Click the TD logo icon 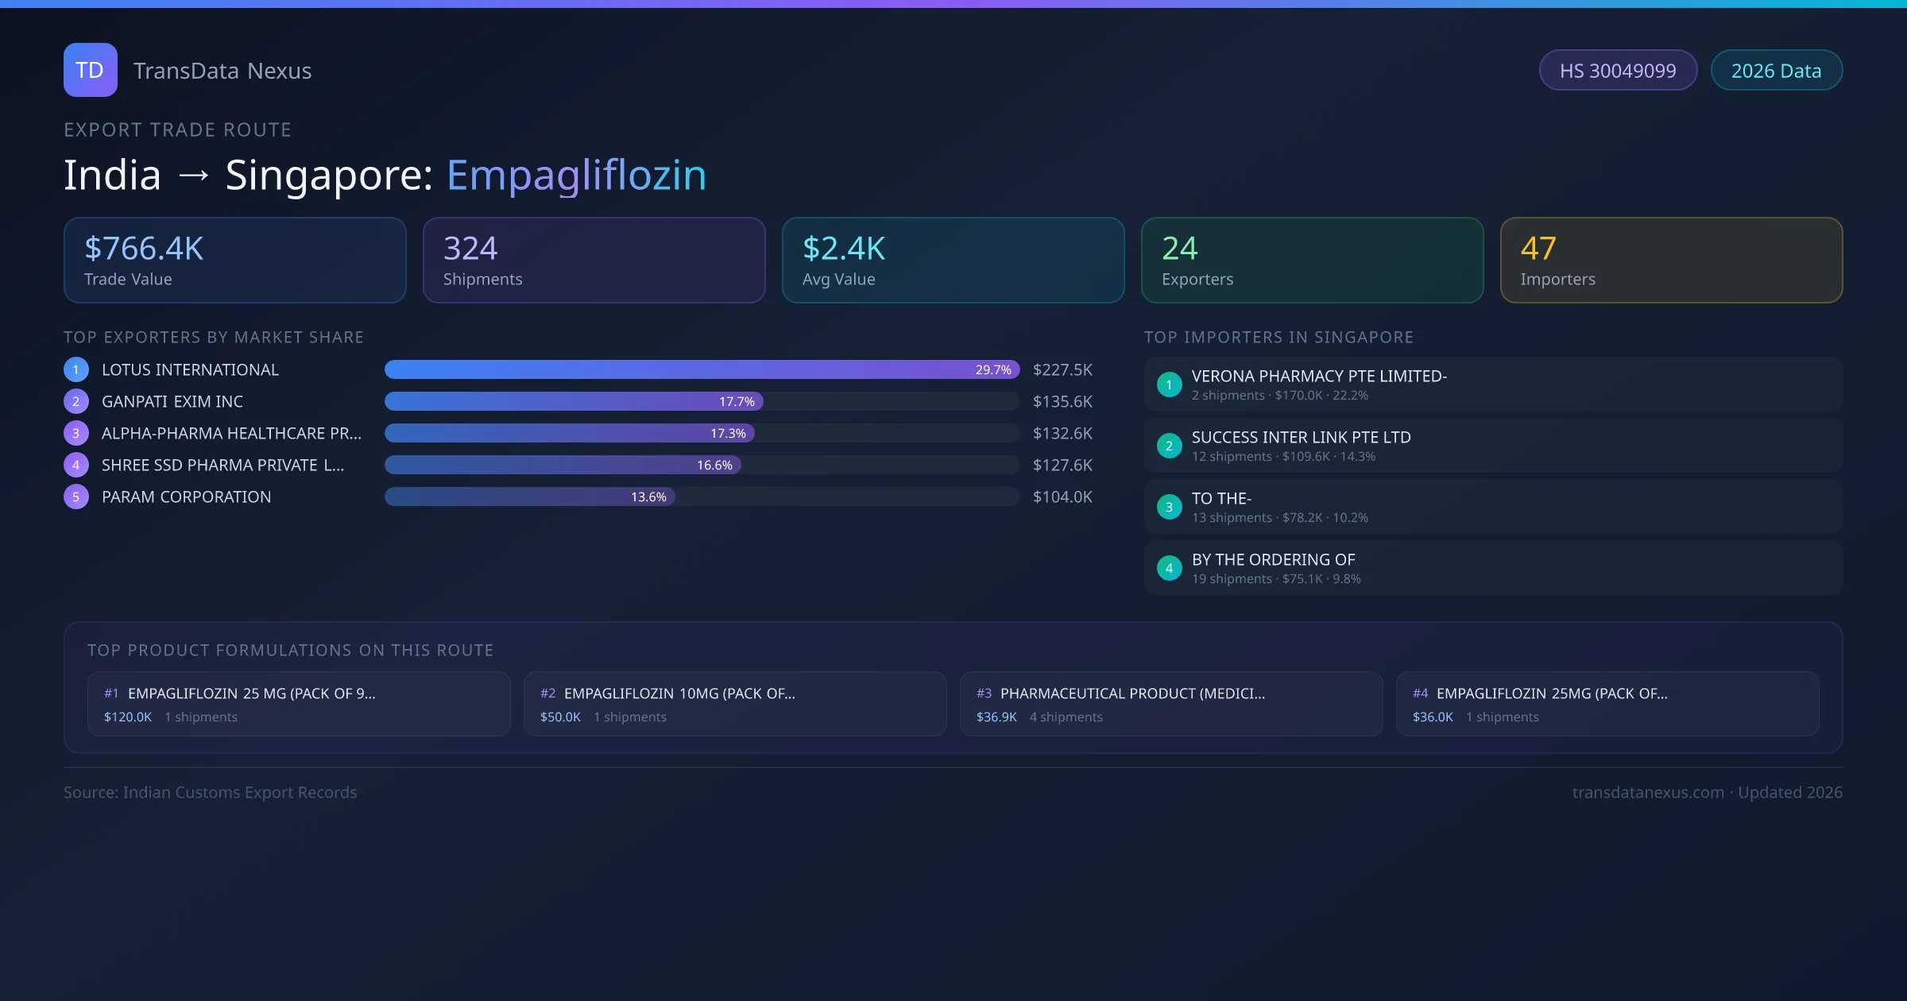[x=90, y=70]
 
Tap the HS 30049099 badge [x=1617, y=71]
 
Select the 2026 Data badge [x=1776, y=71]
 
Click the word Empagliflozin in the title [x=576, y=175]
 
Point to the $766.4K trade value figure [x=144, y=249]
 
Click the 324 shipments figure [x=470, y=249]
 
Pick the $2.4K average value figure [x=843, y=249]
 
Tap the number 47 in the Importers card [x=1538, y=249]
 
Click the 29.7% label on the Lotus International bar [x=993, y=369]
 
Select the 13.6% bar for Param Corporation [x=529, y=497]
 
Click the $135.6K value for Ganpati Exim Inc [x=1062, y=401]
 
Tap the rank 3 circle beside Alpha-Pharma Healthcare [x=76, y=433]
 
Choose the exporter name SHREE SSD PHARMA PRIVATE [x=222, y=465]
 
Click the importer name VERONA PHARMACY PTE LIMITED [x=1319, y=376]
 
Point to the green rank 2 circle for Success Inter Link [x=1169, y=446]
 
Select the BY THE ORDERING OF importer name [x=1273, y=559]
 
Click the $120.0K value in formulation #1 [x=128, y=717]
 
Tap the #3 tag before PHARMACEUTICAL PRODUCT [x=984, y=694]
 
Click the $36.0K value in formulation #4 [x=1433, y=717]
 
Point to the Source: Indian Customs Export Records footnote [x=211, y=792]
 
